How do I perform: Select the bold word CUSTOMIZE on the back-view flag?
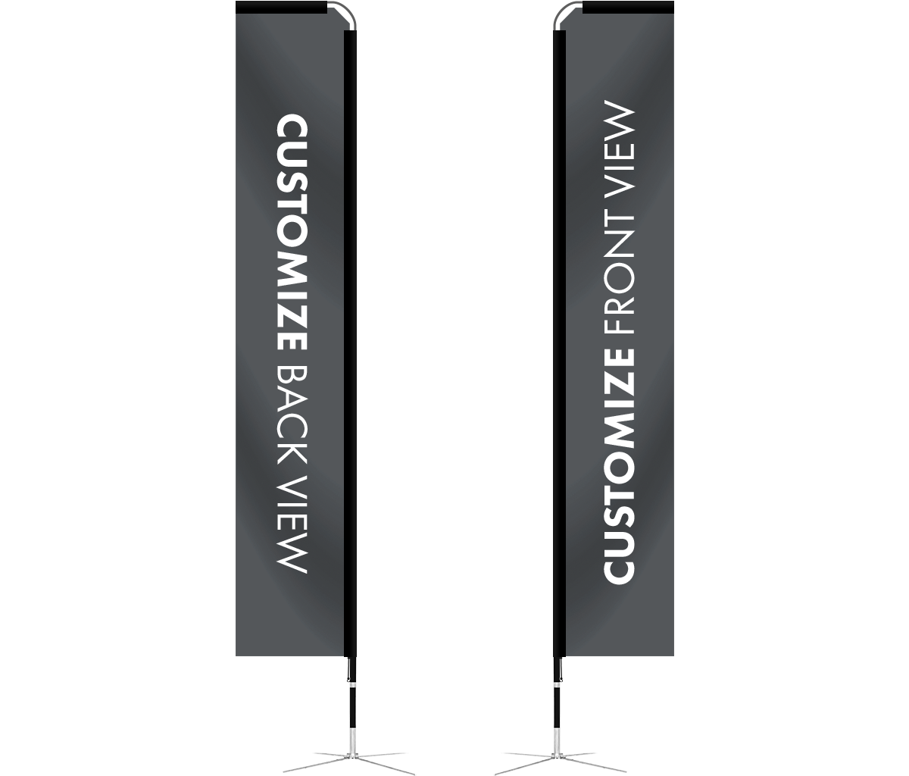tap(292, 233)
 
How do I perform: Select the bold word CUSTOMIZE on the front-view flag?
tap(619, 467)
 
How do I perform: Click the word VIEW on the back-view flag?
tap(292, 524)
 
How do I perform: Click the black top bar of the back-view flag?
tap(282, 8)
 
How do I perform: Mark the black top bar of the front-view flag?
tap(628, 8)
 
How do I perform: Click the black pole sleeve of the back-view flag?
tap(350, 343)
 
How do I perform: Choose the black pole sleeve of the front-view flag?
tap(559, 343)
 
